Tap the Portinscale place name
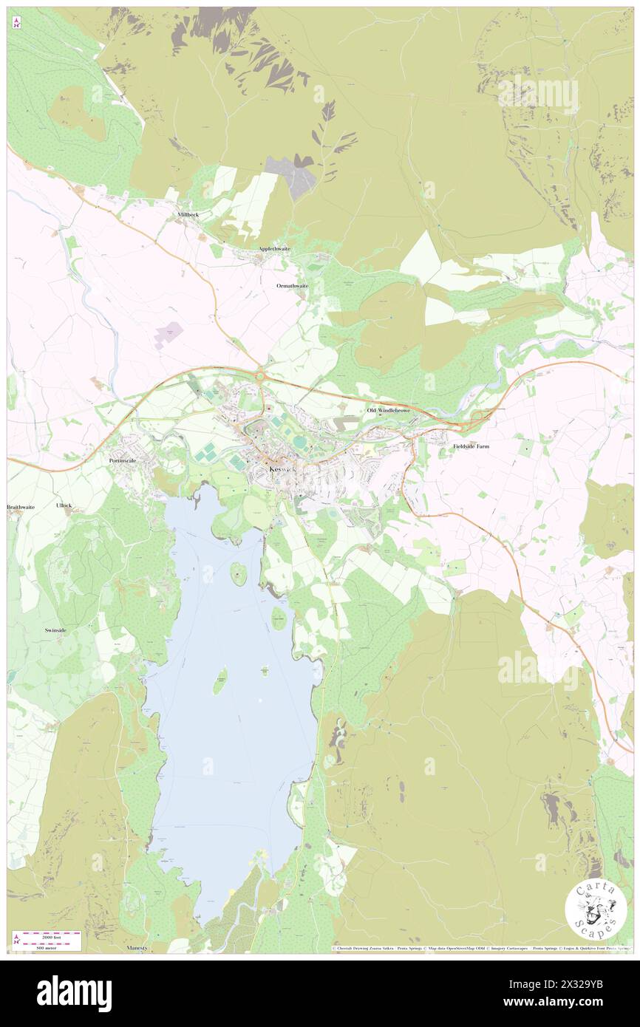(x=123, y=460)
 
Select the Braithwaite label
(x=21, y=508)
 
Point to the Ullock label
(x=64, y=505)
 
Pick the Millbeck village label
(x=188, y=214)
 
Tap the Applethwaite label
(x=274, y=249)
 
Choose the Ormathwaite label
(x=292, y=285)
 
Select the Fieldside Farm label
(x=471, y=447)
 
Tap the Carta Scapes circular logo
(x=596, y=909)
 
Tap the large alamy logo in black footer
(x=74, y=993)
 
